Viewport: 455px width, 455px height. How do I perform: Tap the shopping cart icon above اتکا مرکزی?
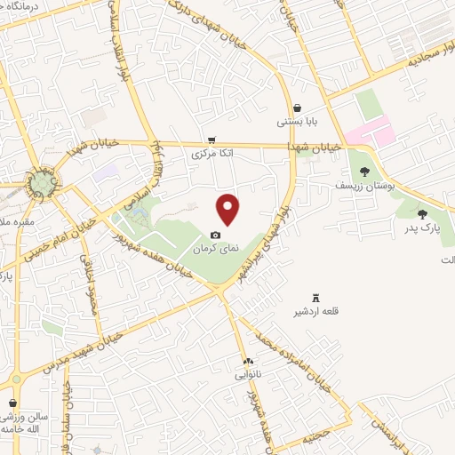click(211, 140)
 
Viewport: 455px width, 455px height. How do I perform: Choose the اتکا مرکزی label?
click(213, 153)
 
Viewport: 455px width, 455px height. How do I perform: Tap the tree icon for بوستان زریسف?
click(364, 172)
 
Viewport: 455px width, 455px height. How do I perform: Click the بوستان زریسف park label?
click(357, 186)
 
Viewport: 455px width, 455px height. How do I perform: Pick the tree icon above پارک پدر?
click(421, 213)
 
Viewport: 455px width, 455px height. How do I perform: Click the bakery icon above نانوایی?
click(250, 361)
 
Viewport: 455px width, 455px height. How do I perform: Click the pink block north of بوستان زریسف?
click(369, 134)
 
